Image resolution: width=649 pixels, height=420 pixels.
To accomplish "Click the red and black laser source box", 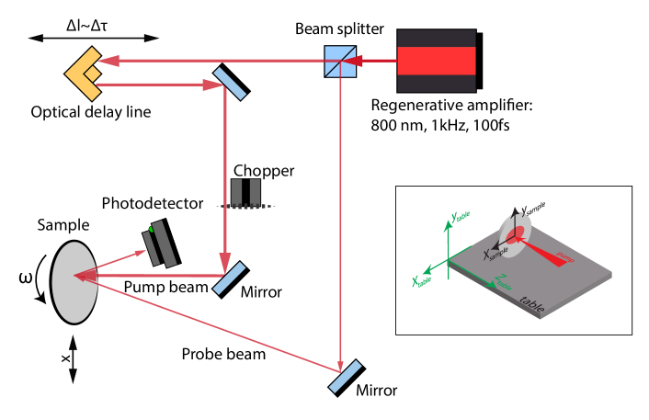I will click(x=436, y=61).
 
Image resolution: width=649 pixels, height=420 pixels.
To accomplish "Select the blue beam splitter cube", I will click(x=339, y=62).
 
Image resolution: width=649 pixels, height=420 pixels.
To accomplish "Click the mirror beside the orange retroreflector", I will click(x=230, y=84).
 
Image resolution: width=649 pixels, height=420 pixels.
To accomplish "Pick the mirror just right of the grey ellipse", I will click(x=229, y=278).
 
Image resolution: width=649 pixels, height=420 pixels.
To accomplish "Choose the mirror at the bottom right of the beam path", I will click(x=345, y=376).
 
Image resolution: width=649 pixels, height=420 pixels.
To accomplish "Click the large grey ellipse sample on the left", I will click(x=74, y=282).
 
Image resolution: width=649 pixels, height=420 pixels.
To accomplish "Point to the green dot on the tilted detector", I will click(x=151, y=229).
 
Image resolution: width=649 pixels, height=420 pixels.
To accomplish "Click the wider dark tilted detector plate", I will click(x=165, y=244).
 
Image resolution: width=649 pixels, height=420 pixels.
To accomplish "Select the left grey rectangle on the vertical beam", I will click(x=236, y=192).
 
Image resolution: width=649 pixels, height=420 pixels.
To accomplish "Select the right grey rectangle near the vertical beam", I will click(x=255, y=192).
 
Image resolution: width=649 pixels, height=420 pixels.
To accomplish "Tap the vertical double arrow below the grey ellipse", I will click(x=73, y=359).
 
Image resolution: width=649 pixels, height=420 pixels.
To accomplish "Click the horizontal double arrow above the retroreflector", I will click(x=93, y=39).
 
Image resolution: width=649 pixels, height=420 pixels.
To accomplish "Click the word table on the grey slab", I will click(x=531, y=302).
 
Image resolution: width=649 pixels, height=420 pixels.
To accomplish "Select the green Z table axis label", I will click(x=503, y=281).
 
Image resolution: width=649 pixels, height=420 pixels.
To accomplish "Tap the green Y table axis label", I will click(x=460, y=217).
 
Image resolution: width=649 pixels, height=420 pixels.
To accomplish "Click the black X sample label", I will click(x=495, y=253).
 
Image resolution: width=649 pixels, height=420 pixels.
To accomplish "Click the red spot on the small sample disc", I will click(x=515, y=235).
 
